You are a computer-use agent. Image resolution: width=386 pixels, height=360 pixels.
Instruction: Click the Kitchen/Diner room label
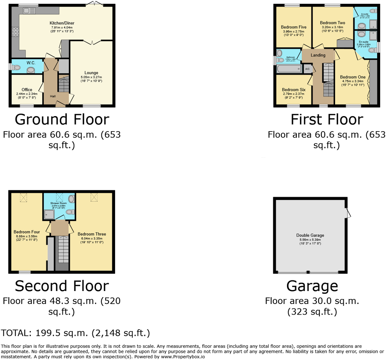[62, 23]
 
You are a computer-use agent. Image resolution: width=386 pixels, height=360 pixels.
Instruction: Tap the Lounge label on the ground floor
[91, 73]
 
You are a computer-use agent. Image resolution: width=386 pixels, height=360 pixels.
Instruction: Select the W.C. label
[31, 63]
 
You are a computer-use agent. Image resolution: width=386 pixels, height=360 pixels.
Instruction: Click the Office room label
[27, 90]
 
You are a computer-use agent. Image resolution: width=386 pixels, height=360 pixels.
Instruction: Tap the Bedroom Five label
[293, 27]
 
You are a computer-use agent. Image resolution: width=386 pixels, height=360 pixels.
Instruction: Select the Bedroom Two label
[332, 23]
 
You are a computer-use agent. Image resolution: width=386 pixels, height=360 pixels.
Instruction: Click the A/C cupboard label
[307, 69]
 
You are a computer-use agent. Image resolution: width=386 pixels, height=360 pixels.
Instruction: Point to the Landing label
[318, 55]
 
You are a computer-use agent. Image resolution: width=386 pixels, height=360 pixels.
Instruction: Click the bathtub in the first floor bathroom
[289, 69]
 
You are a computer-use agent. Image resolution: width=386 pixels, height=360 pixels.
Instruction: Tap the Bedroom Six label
[293, 89]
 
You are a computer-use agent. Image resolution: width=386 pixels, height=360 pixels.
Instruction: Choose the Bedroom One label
[353, 77]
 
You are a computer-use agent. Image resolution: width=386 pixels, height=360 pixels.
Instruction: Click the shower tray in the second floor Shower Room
[49, 214]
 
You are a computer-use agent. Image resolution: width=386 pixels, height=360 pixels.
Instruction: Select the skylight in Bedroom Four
[24, 197]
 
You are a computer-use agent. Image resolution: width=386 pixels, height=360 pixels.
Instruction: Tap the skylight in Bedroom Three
[94, 197]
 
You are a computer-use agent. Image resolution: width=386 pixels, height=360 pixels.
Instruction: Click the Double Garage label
[310, 235]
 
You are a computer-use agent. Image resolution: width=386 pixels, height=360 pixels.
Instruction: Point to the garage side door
[348, 213]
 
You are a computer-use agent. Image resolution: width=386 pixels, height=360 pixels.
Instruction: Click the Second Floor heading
[62, 286]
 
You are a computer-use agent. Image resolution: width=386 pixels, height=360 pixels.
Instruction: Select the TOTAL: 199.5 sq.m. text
[75, 333]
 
